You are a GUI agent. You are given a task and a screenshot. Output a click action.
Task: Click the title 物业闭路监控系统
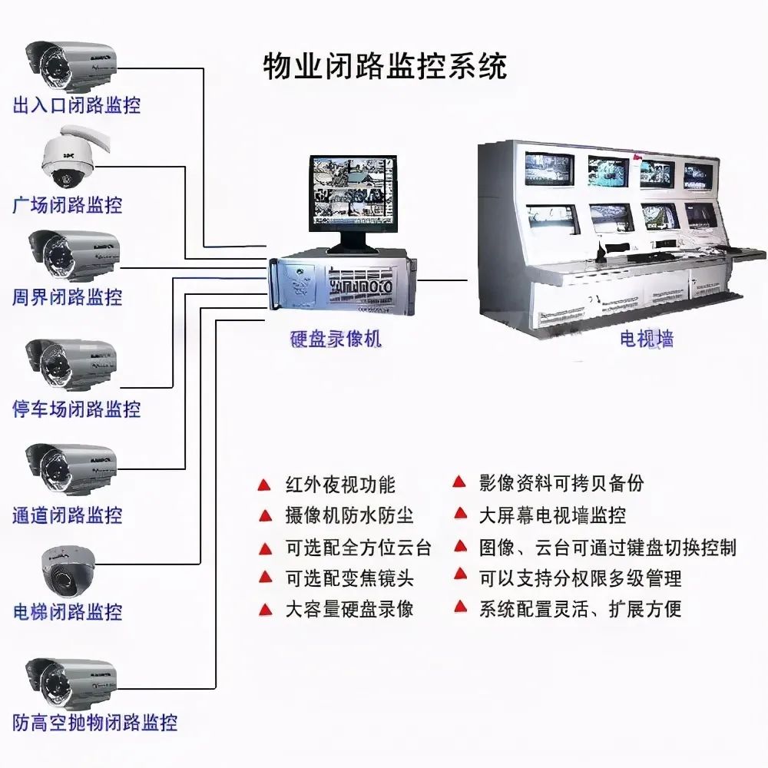(385, 67)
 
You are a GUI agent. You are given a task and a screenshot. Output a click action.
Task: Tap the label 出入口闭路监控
(76, 105)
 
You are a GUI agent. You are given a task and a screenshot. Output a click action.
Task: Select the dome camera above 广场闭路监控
(74, 157)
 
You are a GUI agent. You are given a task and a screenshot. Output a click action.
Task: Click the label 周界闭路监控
(67, 296)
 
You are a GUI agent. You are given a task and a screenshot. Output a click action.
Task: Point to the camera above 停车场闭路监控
(71, 363)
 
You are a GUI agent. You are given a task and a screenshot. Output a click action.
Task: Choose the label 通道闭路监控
(67, 515)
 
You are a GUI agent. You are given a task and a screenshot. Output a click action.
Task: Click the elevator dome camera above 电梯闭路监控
(68, 570)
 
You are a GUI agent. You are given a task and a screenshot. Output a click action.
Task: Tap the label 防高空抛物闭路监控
(95, 723)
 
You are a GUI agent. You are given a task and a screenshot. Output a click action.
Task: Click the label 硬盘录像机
(336, 339)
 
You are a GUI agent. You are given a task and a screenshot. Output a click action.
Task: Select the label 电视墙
(647, 339)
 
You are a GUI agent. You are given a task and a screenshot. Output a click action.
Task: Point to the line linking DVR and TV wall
(442, 281)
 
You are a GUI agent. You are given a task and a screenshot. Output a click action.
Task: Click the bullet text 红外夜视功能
(340, 485)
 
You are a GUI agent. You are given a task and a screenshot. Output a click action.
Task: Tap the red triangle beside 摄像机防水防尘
(265, 516)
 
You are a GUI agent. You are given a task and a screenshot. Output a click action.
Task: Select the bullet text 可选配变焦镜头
(349, 578)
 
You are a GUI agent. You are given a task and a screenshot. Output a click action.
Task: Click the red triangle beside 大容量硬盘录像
(265, 610)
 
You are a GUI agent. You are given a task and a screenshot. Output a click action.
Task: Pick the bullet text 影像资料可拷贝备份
(561, 483)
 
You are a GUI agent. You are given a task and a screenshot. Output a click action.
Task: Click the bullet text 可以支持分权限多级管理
(581, 578)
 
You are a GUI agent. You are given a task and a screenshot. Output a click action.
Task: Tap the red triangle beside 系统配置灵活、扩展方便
(460, 607)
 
